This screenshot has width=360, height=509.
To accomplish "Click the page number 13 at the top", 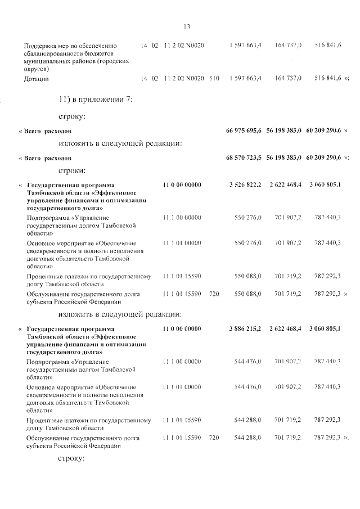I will [187, 26].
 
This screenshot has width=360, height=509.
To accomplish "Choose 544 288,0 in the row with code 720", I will [247, 437].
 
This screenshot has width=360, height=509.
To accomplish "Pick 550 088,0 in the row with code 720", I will [247, 293].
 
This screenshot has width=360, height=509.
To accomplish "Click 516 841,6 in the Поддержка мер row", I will [327, 45].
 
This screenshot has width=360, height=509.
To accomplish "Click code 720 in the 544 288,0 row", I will [213, 437].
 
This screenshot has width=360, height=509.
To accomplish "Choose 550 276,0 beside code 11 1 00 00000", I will [247, 217].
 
